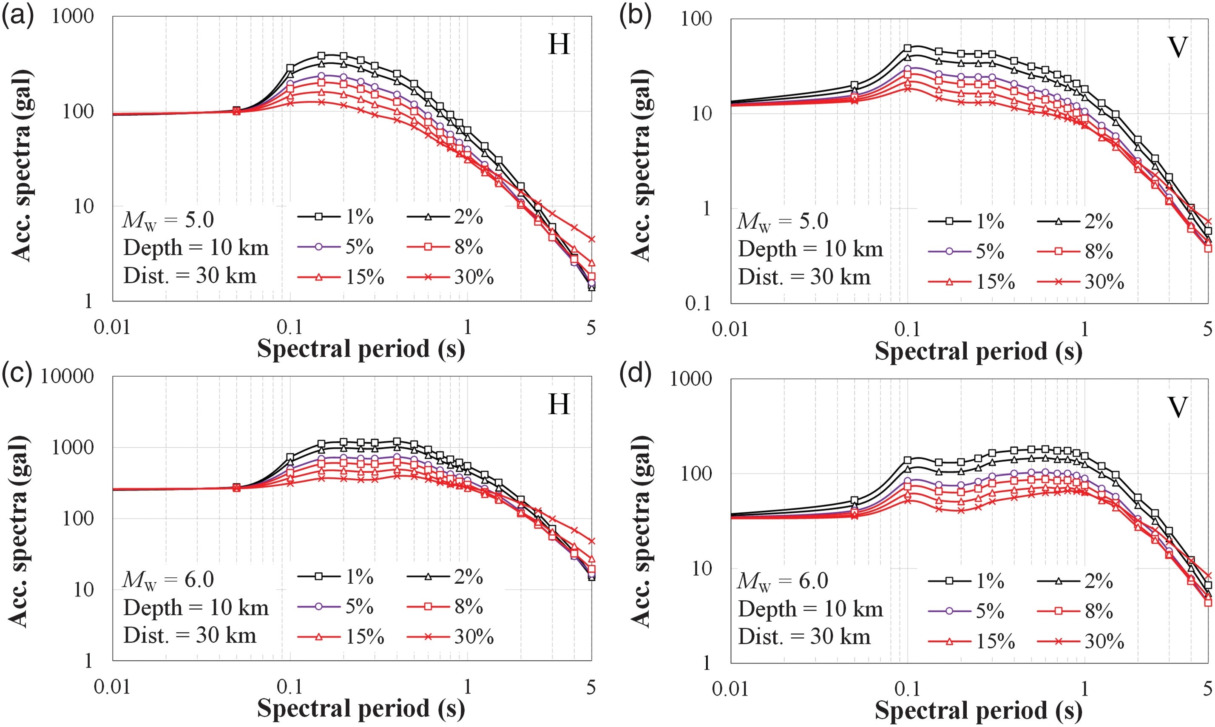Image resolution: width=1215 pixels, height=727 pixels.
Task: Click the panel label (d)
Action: coord(635,375)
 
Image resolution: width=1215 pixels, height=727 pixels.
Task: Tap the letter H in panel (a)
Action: coord(559,45)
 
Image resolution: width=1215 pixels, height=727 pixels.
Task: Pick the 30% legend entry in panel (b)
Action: coord(1080,282)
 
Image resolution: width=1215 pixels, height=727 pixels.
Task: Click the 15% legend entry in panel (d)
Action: coord(971,641)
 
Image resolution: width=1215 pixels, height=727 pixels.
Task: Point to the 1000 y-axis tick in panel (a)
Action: coord(72,16)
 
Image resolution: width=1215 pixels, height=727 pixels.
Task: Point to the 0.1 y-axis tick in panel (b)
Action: coord(698,304)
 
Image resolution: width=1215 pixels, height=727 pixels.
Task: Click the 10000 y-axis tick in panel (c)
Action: coord(67,376)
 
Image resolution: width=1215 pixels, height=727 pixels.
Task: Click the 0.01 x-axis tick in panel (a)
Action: coord(112,328)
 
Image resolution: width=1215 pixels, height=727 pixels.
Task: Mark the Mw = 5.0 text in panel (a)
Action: coord(168,220)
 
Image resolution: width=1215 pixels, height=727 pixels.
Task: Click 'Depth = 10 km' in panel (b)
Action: coord(810,249)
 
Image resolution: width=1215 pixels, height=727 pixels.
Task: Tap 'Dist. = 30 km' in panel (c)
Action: coord(190,636)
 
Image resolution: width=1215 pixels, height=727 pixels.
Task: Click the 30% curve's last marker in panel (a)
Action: coord(592,239)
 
